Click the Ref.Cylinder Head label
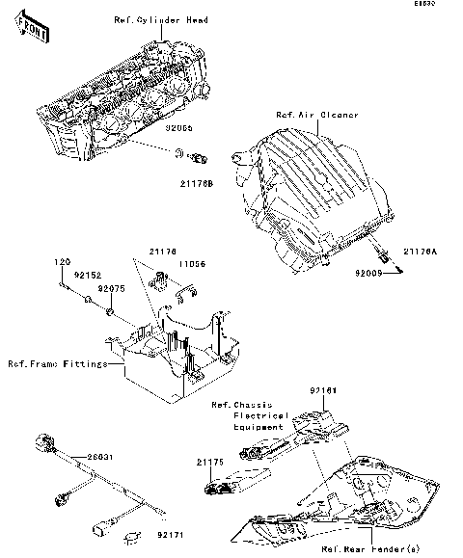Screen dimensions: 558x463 161,19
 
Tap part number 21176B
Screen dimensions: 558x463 196,181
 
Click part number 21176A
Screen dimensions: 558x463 421,251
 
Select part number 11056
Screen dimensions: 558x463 190,262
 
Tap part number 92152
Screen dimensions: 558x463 89,274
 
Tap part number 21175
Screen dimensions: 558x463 211,463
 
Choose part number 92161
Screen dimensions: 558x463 350,390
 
